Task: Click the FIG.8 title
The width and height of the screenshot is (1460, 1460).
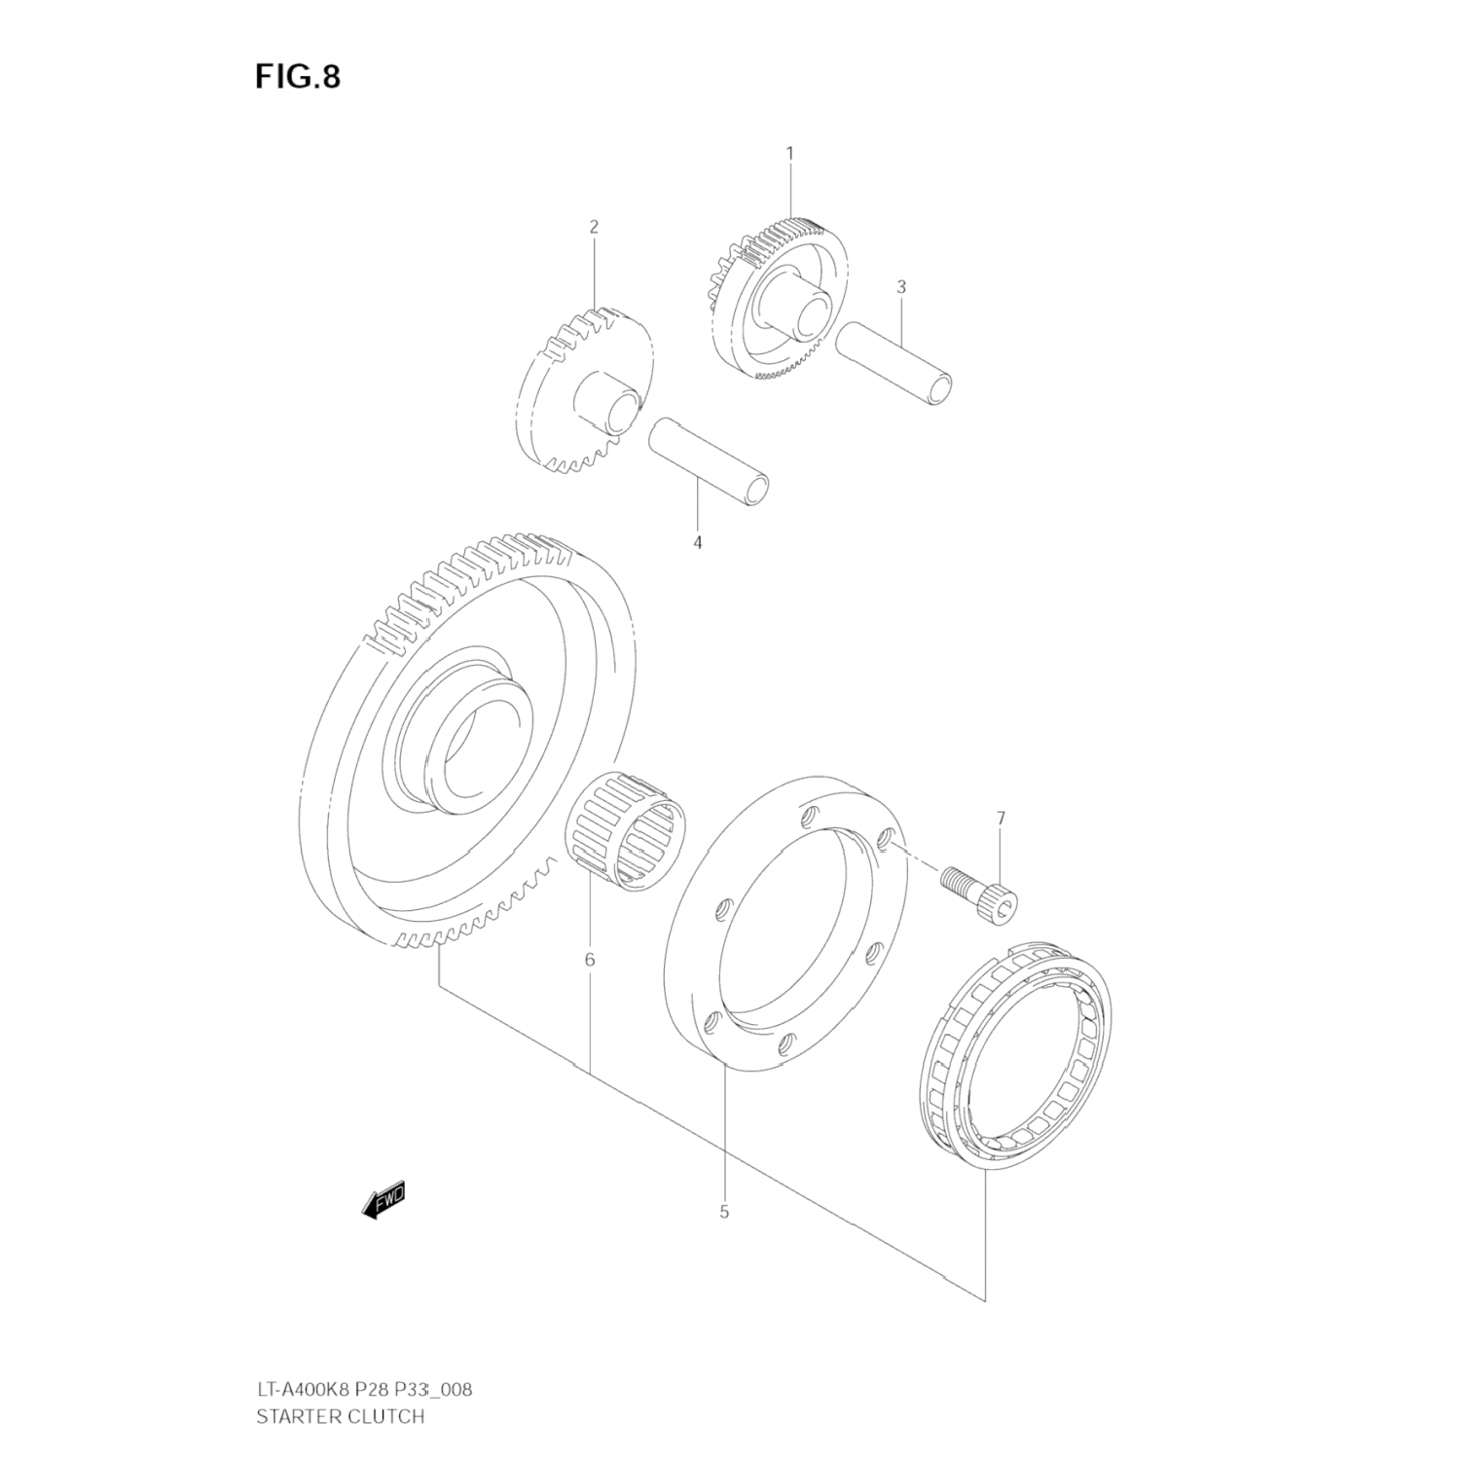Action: (298, 77)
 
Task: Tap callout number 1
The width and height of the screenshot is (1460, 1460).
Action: (790, 153)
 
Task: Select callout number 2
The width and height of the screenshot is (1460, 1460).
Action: (594, 227)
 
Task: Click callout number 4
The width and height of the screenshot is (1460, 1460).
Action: (697, 542)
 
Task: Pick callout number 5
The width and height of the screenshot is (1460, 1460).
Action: (724, 1212)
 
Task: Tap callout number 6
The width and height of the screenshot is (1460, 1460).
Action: (590, 960)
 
